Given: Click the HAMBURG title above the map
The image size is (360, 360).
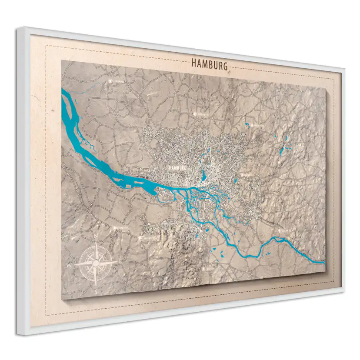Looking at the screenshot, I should tap(209, 65).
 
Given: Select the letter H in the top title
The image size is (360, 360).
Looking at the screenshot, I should tap(194, 63).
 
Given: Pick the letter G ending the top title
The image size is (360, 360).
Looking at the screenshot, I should tap(225, 67).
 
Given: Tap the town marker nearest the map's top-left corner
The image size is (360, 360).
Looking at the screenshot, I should tap(110, 81).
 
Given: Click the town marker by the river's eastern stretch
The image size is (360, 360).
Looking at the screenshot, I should tap(280, 230).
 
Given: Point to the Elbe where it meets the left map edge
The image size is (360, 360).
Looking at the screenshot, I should tap(64, 93).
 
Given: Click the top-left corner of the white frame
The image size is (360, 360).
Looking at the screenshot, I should tap(18, 29).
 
